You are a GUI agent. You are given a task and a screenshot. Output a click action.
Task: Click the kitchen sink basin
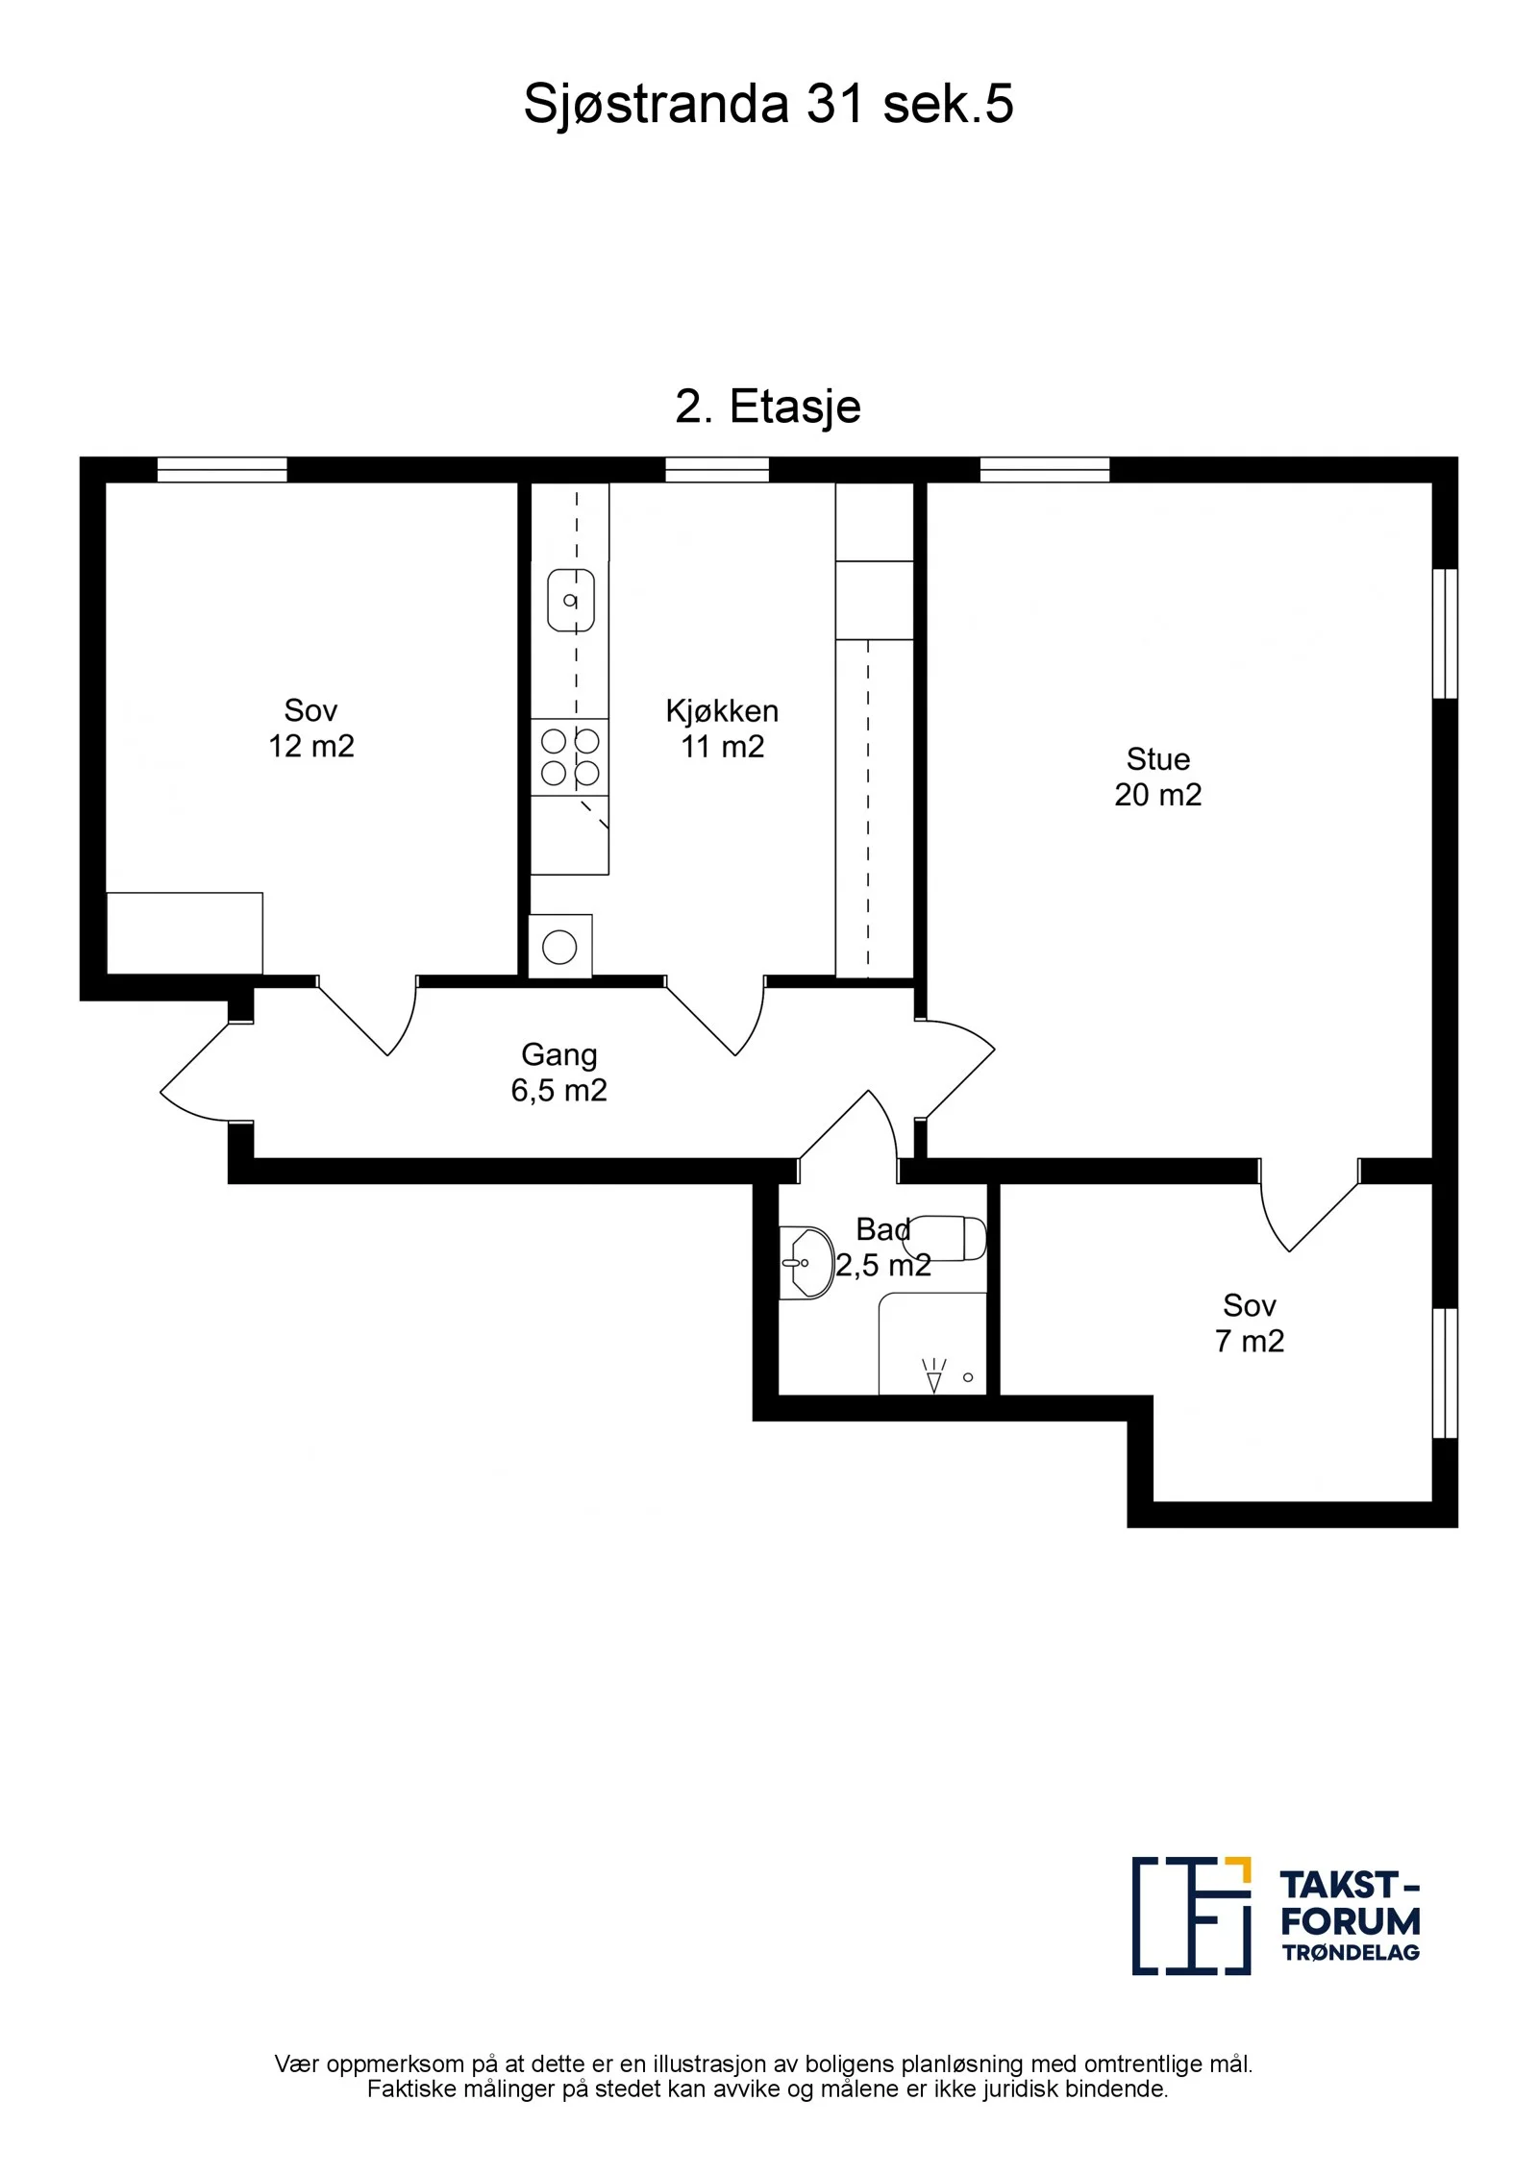point(571,601)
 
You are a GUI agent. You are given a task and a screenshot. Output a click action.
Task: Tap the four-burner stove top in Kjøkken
point(570,757)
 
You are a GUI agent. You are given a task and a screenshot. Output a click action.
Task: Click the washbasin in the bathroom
point(805,1263)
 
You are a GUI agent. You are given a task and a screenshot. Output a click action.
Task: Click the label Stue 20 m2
point(1158,777)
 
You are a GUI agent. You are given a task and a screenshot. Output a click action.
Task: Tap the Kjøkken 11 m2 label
point(722,729)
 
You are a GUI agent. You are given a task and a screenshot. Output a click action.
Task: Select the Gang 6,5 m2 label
point(558,1072)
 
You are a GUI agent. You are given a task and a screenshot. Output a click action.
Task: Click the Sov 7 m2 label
point(1250,1322)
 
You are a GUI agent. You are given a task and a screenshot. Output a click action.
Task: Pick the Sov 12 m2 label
point(310,729)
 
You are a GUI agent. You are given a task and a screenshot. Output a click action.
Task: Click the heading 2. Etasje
point(768,407)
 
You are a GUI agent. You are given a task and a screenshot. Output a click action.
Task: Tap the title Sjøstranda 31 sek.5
point(768,104)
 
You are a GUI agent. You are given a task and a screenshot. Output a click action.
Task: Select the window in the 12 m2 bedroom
point(222,470)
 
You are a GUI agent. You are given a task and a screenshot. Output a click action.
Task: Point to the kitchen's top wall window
point(717,470)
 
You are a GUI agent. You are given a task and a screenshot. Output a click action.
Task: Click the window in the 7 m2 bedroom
point(1446,1372)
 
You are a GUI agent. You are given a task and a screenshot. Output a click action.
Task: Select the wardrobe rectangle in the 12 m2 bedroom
point(185,932)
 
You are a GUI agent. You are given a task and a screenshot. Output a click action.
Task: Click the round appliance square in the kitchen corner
point(559,947)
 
